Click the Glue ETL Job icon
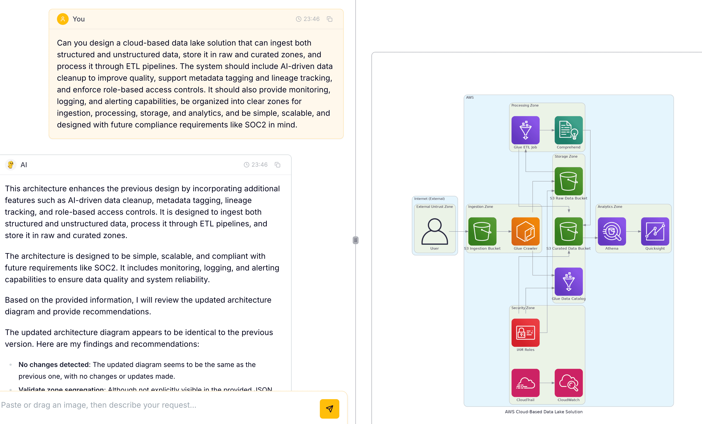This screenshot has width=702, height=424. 525,130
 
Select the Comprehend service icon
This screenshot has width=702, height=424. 568,130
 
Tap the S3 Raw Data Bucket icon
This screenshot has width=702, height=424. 568,181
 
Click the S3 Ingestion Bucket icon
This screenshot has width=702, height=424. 482,231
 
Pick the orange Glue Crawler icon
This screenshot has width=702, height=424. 525,231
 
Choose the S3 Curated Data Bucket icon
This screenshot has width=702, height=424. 568,231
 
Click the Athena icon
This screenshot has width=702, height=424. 612,231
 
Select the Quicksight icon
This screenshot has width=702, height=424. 655,231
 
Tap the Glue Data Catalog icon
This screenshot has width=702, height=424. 568,281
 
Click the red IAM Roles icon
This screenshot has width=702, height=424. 525,332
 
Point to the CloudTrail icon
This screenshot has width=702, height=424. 525,383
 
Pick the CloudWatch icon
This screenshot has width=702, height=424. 568,383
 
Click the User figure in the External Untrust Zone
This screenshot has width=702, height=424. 434,231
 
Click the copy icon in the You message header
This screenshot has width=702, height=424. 330,19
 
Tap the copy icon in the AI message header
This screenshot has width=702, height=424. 277,165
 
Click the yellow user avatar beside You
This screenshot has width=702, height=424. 63,19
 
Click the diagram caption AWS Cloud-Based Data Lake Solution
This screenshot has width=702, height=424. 544,412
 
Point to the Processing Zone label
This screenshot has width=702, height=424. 525,106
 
